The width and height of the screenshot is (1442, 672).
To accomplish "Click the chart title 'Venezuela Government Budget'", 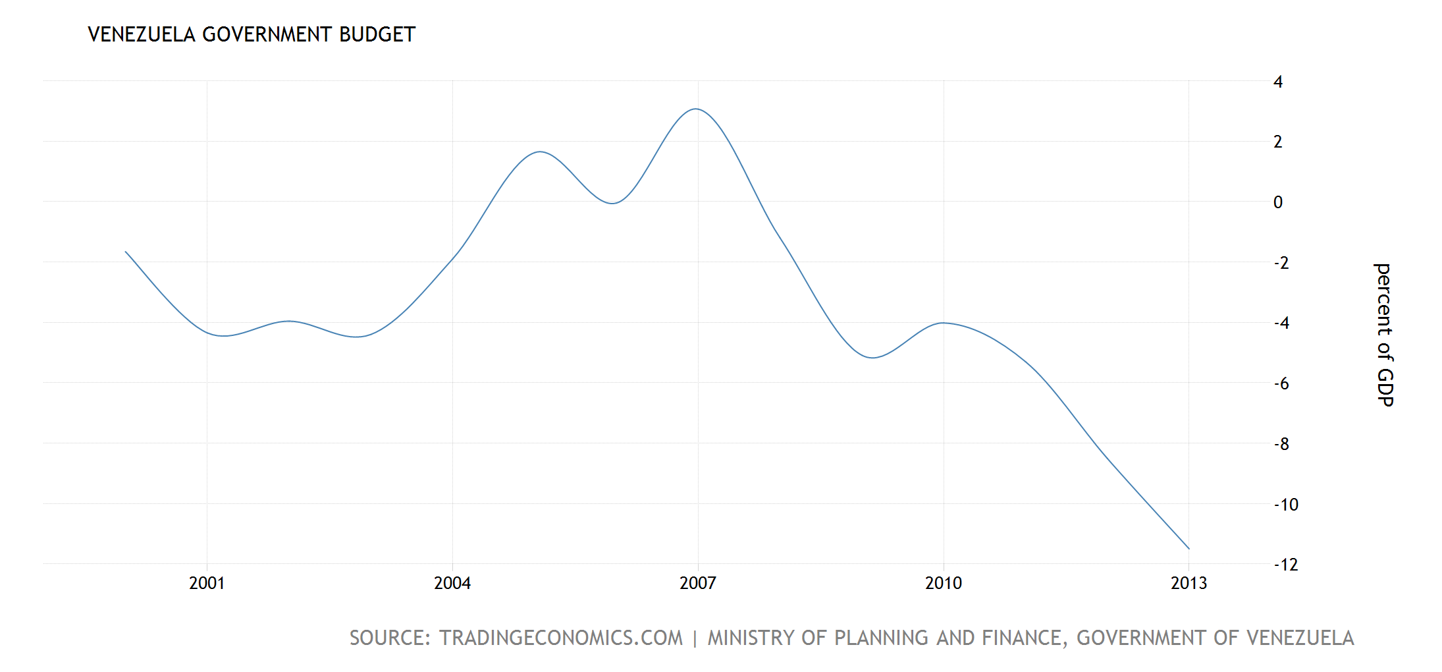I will [252, 34].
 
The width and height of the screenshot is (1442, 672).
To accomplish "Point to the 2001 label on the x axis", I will [207, 583].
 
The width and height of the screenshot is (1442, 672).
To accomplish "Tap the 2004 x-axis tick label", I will [452, 583].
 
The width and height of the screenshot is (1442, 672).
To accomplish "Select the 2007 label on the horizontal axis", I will [698, 583].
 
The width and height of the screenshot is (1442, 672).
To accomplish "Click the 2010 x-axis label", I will [944, 583].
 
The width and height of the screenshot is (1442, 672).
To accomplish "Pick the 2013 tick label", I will [1188, 583].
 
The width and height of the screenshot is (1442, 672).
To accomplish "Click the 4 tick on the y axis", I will [1278, 82].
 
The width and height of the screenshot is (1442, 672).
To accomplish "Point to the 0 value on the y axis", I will [1278, 202].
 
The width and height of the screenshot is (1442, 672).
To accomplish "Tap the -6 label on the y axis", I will [1281, 383].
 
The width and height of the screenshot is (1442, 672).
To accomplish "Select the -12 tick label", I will [1286, 565].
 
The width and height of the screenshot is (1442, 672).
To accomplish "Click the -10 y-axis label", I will [1286, 505].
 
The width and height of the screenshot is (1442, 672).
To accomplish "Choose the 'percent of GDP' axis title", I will [1385, 335].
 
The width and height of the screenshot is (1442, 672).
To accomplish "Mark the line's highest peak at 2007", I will [696, 109].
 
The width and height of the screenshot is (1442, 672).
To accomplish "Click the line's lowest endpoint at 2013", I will [1188, 548].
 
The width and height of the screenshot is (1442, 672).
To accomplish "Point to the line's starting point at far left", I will [126, 252].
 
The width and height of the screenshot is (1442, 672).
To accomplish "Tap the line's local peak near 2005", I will [540, 152].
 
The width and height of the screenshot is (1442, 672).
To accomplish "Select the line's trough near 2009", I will [872, 358].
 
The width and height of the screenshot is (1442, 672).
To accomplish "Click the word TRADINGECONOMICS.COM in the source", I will [561, 638].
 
